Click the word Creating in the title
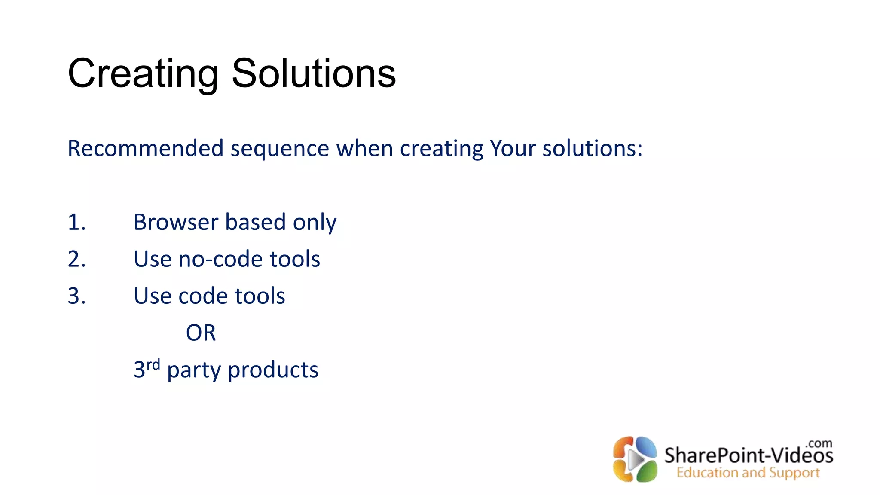click(143, 74)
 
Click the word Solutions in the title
click(314, 74)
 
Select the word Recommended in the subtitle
click(146, 148)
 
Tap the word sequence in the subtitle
click(280, 149)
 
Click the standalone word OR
click(201, 333)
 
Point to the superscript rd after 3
click(153, 365)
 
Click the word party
click(194, 371)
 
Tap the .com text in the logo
click(819, 443)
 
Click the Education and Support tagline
click(748, 473)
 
